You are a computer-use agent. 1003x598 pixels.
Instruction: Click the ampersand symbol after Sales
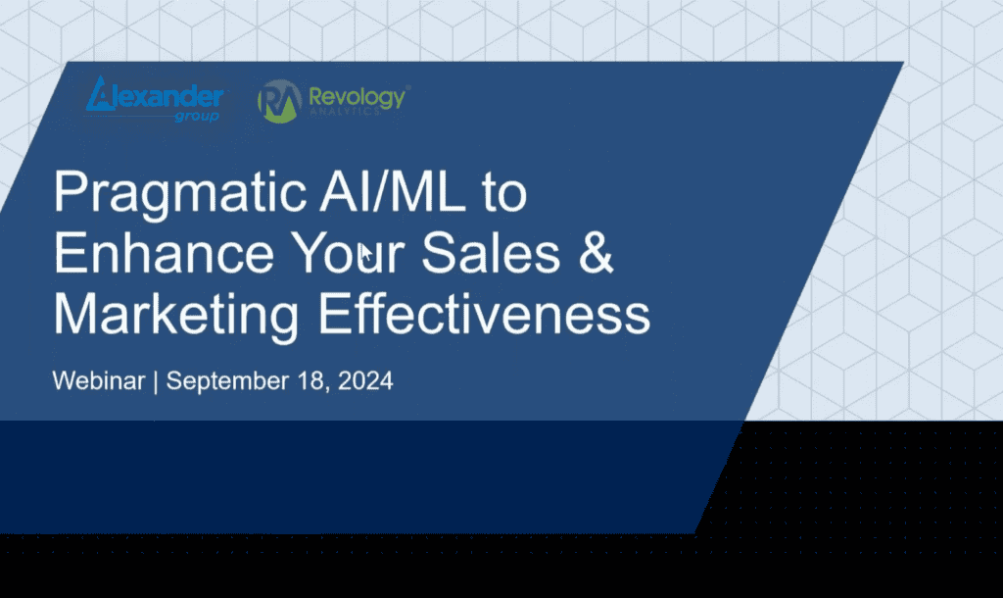point(597,254)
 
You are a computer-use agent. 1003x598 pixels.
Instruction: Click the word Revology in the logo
point(357,96)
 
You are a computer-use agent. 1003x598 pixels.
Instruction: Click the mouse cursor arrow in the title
point(366,255)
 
